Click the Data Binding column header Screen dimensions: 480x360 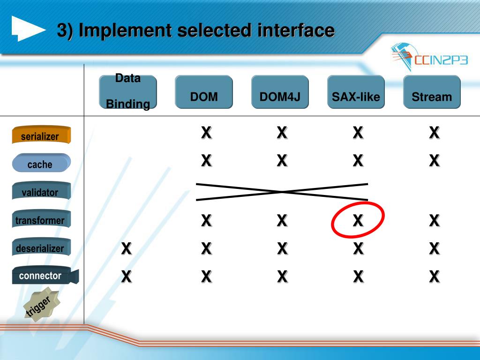pos(127,92)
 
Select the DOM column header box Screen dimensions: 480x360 pos(204,92)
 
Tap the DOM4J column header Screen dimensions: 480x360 pos(280,92)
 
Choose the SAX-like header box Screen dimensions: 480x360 pos(356,92)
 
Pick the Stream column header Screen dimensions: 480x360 pos(432,92)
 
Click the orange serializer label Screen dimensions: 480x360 pos(41,135)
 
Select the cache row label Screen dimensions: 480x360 pos(41,164)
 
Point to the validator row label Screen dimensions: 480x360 pos(41,192)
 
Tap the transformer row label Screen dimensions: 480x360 pos(41,220)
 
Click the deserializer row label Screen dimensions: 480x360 pos(41,247)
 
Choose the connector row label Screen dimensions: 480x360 pos(42,276)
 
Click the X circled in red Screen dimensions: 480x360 pos(358,220)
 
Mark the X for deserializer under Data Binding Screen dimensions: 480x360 pos(126,248)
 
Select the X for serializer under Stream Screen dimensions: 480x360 pos(435,133)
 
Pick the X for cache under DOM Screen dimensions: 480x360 pos(206,161)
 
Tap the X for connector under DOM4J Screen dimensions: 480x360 pos(282,277)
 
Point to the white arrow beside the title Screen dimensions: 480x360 pos(28,29)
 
